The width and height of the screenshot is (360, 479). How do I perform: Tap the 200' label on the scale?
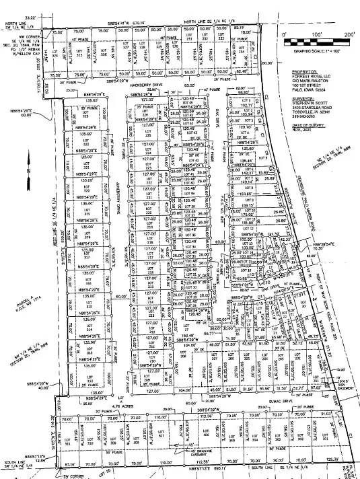349,33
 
